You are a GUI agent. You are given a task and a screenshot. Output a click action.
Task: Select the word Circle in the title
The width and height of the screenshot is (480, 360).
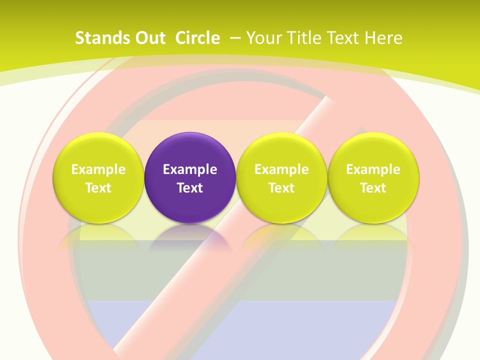tap(197, 38)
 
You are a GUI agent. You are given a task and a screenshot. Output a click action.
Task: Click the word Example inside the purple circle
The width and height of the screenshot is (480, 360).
tap(190, 169)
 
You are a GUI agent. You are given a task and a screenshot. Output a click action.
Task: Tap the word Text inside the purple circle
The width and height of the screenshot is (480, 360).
tap(190, 188)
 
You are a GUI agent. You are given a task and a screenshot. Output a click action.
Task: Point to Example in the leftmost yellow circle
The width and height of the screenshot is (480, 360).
tap(98, 169)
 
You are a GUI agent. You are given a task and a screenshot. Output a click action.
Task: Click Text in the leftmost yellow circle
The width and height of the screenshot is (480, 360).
tap(98, 188)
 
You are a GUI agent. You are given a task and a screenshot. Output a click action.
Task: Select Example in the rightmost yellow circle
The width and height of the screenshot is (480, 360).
tap(373, 169)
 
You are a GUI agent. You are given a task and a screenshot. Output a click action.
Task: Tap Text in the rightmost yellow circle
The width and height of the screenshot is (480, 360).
tap(373, 188)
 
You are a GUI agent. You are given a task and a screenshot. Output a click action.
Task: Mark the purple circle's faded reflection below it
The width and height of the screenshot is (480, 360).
tap(190, 237)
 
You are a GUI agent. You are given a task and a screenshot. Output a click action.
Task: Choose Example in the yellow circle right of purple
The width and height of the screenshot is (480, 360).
tap(281, 169)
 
